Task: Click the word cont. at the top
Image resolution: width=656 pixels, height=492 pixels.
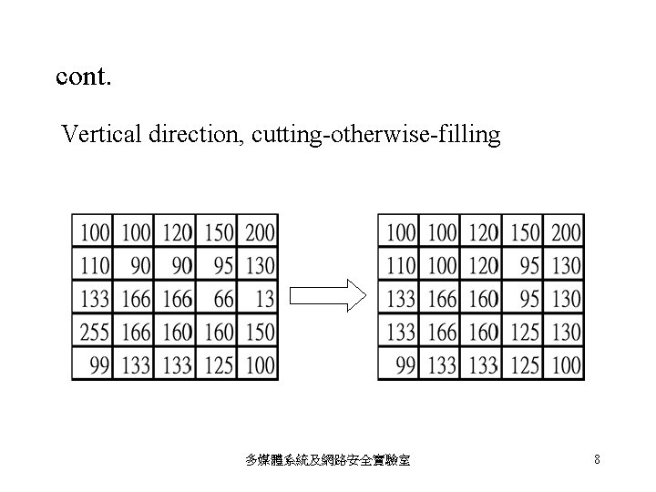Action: point(84,77)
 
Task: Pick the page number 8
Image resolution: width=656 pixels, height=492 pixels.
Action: point(597,460)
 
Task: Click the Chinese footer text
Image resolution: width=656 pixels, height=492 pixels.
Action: point(328,461)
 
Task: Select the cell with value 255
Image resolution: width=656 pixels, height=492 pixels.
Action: point(95,332)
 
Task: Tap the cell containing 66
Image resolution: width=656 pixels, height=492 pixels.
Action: point(217,299)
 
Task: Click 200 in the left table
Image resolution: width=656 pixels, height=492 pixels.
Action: point(259,232)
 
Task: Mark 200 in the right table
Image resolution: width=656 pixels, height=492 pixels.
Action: point(565,232)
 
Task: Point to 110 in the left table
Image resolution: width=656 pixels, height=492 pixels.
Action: point(95,265)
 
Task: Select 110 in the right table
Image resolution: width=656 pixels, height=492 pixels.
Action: point(401,265)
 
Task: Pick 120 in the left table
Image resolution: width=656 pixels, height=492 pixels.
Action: point(177,232)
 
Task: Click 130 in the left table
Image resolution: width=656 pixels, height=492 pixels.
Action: point(259,265)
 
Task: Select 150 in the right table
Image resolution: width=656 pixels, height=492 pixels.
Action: point(524,232)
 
